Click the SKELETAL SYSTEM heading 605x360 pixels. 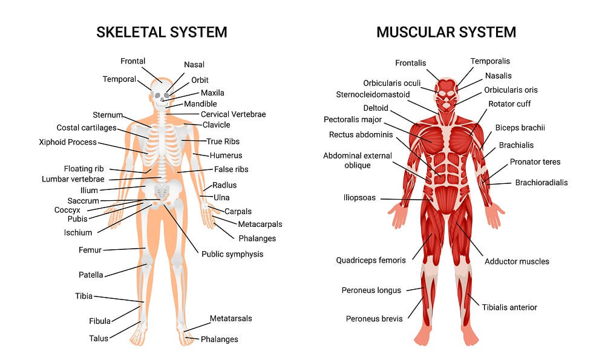tap(162, 32)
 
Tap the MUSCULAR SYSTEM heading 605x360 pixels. tap(446, 32)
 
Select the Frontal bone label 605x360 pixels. tap(132, 61)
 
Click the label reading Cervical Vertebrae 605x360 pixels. tap(233, 114)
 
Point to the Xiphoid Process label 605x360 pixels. tap(68, 142)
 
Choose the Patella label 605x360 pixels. tap(91, 275)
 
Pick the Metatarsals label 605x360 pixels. tap(231, 318)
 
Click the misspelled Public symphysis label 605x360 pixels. tap(232, 254)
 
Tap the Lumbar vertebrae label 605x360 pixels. tap(73, 179)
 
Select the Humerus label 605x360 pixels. tap(226, 155)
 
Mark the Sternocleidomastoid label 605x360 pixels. tap(373, 94)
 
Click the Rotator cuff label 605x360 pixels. tap(509, 104)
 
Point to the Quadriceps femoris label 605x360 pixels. tap(371, 260)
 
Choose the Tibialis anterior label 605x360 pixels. tap(509, 307)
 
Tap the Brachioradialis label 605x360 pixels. tap(541, 183)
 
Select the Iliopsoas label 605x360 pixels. tap(359, 198)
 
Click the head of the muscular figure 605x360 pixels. tap(446, 94)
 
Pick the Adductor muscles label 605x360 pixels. tap(517, 261)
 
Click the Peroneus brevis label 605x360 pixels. tap(374, 319)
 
